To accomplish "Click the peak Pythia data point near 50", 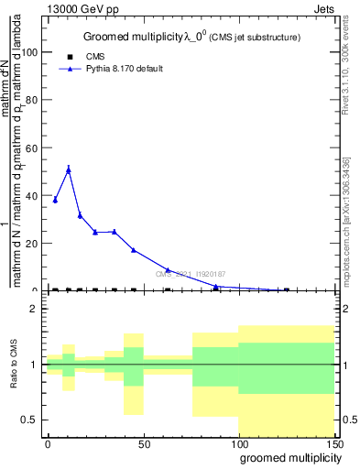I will (69, 169).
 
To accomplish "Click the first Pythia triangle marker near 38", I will (55, 200).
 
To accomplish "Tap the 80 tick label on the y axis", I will (31, 100).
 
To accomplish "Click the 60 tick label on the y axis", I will (31, 147).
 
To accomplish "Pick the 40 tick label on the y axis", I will (31, 195).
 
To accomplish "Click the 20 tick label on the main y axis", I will (31, 243).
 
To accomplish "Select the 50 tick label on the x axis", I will (144, 443).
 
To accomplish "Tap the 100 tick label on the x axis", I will (239, 443).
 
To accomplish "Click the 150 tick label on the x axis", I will (333, 443).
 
